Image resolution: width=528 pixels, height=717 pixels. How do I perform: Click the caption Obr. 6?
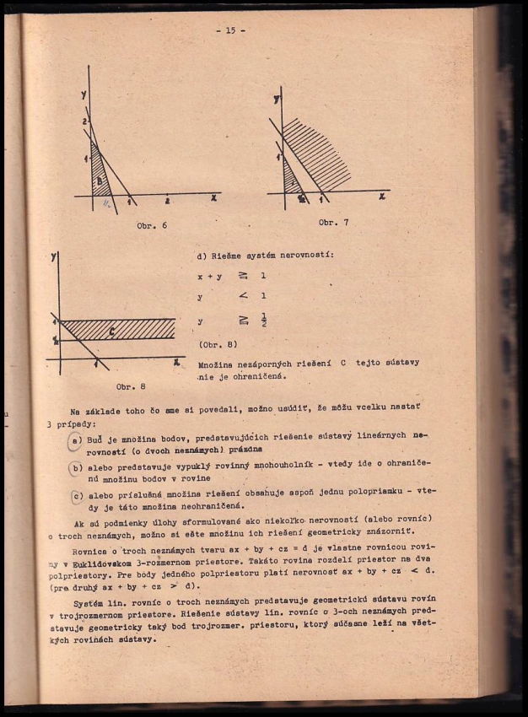tap(152, 225)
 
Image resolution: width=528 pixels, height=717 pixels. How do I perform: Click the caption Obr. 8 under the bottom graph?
tap(131, 385)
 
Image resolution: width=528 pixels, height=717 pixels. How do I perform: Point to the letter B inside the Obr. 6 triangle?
tap(100, 181)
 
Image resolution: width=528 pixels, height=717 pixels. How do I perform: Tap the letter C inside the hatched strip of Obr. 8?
tap(112, 330)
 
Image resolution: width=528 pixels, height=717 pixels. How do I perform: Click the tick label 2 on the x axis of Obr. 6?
tap(167, 202)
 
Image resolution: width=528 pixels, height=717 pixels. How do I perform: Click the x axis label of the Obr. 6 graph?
tap(213, 197)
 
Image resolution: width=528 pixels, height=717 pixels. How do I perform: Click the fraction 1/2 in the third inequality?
tap(264, 321)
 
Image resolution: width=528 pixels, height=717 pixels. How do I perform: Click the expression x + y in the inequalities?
tap(207, 275)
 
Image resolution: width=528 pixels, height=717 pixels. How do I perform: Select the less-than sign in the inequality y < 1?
tap(242, 296)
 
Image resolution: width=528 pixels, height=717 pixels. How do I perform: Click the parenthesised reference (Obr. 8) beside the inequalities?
tap(218, 343)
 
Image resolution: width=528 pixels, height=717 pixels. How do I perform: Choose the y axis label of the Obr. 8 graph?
tap(54, 254)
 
